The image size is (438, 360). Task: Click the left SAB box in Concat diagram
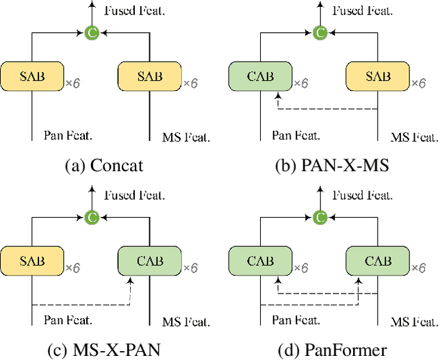pyautogui.click(x=31, y=77)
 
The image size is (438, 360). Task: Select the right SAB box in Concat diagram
pyautogui.click(x=150, y=77)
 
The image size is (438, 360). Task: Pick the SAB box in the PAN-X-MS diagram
pyautogui.click(x=378, y=77)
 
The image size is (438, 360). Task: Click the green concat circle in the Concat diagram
pyautogui.click(x=90, y=31)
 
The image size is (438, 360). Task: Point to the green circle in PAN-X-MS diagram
pyautogui.click(x=318, y=31)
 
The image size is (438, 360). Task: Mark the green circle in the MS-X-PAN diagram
pyautogui.click(x=90, y=218)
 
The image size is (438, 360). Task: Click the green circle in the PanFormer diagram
pyautogui.click(x=318, y=218)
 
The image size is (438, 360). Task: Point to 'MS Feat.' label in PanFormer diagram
pyautogui.click(x=413, y=322)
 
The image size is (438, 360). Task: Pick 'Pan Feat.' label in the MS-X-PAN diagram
pyautogui.click(x=67, y=320)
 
